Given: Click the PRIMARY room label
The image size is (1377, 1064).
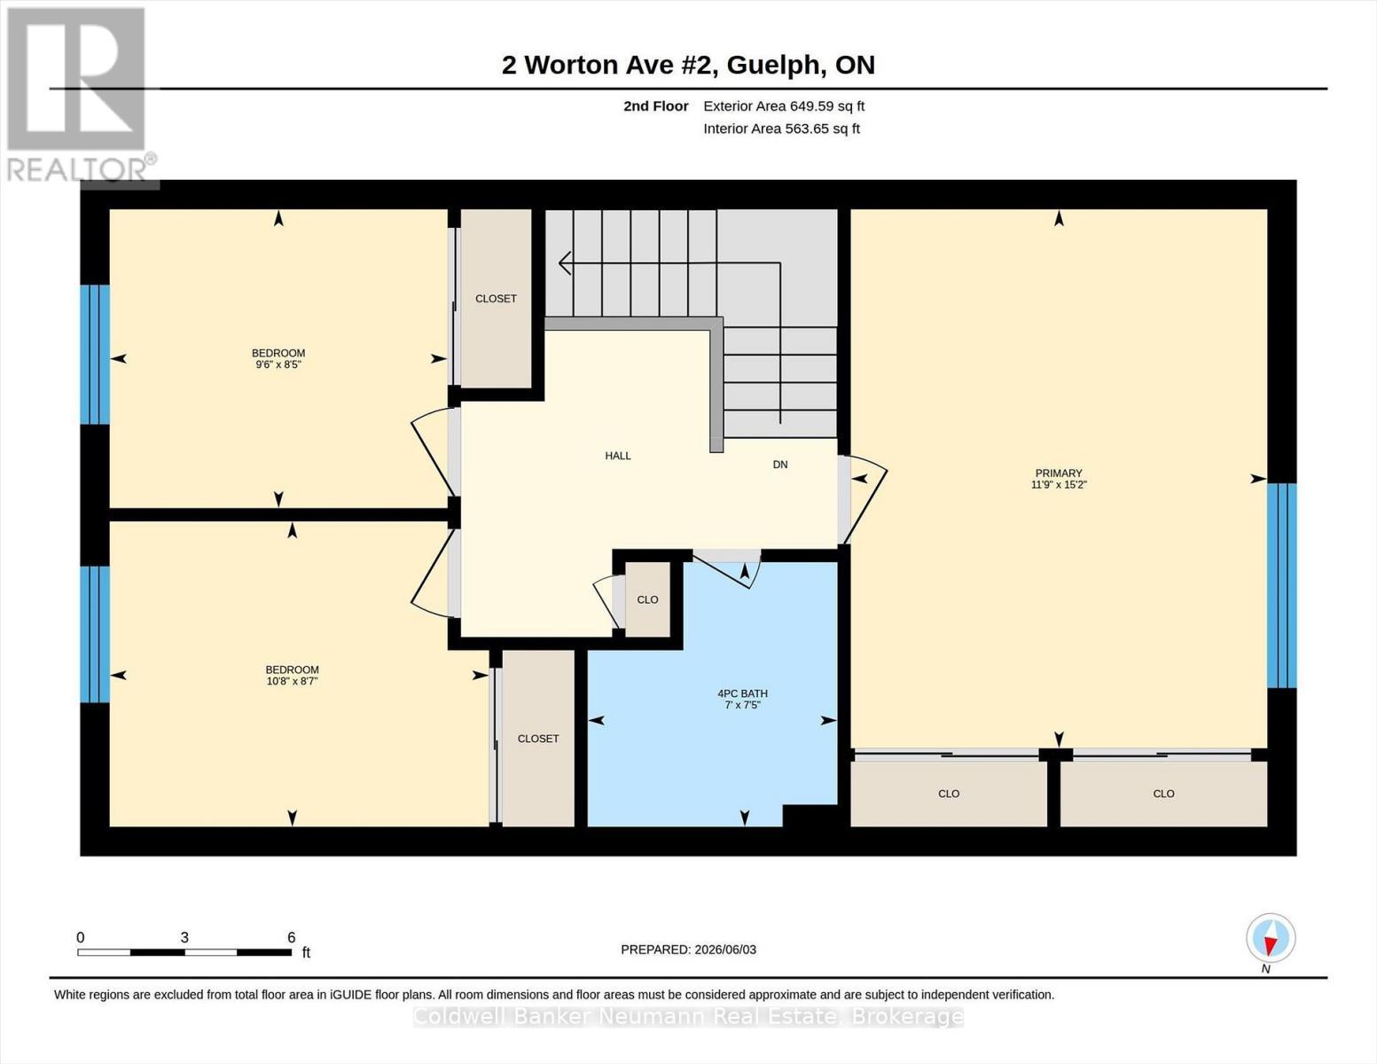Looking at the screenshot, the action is [x=1059, y=473].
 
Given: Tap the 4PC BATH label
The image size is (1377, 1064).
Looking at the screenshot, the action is [x=742, y=693].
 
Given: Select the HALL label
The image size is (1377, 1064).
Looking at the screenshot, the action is [x=618, y=456].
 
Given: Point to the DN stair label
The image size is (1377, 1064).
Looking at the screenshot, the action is [x=780, y=465].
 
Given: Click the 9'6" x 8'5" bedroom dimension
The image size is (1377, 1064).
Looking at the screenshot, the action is [x=278, y=364].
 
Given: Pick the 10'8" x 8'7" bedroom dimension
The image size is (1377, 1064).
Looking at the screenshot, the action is [x=292, y=681].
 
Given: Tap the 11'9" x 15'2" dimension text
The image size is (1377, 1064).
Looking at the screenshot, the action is [x=1059, y=484].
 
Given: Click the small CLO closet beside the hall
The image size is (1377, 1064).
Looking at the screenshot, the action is [x=647, y=599].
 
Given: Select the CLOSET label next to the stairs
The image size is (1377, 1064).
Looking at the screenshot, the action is [x=496, y=299].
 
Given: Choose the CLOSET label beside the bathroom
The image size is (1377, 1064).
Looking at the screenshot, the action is [x=538, y=739].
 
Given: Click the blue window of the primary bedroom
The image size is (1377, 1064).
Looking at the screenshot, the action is [x=1282, y=585].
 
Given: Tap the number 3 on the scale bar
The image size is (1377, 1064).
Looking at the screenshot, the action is [x=184, y=937].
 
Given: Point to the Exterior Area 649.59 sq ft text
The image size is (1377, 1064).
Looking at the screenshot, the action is [x=784, y=106].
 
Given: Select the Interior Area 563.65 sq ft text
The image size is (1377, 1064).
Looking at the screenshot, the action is [x=781, y=129].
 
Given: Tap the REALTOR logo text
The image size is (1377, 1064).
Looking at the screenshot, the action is [x=77, y=170].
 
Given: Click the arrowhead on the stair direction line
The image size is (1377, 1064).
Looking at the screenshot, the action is [x=564, y=262].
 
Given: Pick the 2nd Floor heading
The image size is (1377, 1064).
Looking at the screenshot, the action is [x=656, y=106].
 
